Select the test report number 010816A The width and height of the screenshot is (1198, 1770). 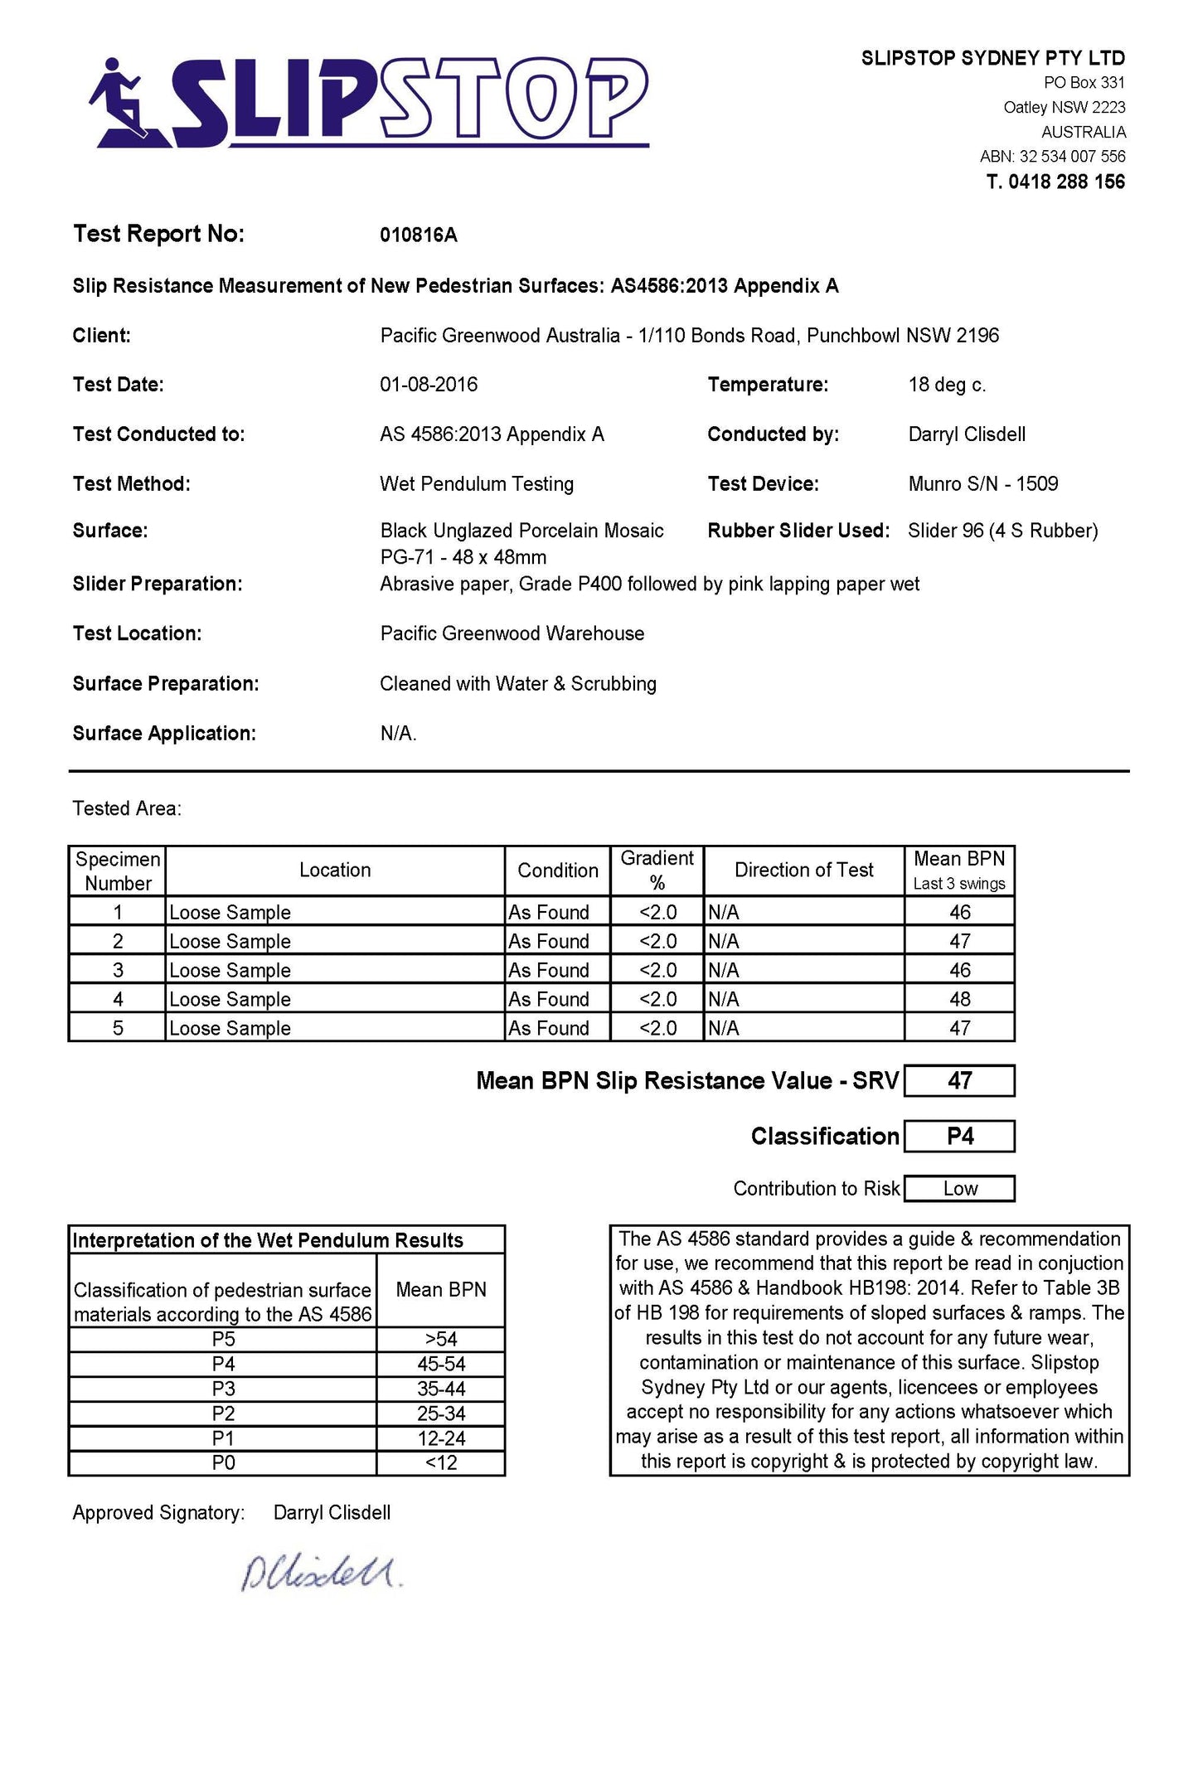pos(418,235)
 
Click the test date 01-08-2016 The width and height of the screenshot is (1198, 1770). pos(429,385)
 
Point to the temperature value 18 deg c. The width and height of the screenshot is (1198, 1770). pos(947,385)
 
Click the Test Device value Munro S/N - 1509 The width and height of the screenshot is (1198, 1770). pos(982,484)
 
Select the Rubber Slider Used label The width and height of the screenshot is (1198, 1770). pos(798,531)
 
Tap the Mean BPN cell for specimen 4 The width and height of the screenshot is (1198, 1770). pos(959,999)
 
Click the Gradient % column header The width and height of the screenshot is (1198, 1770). pos(657,870)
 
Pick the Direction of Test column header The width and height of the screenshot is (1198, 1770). pos(803,870)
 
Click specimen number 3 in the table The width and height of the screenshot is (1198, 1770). pos(118,970)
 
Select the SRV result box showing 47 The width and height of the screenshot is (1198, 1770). pos(959,1081)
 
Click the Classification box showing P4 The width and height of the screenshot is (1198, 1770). pos(959,1137)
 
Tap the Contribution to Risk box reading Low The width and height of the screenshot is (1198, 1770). pos(959,1189)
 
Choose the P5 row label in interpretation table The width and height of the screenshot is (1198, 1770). pos(223,1340)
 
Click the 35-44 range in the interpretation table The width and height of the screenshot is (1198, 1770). pos(441,1389)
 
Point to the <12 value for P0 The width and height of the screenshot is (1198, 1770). pos(441,1463)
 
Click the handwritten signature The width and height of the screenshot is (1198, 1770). pos(320,1572)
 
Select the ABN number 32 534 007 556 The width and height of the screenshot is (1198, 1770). pos(1072,157)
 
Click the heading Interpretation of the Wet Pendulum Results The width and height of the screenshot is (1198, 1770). pos(268,1241)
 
